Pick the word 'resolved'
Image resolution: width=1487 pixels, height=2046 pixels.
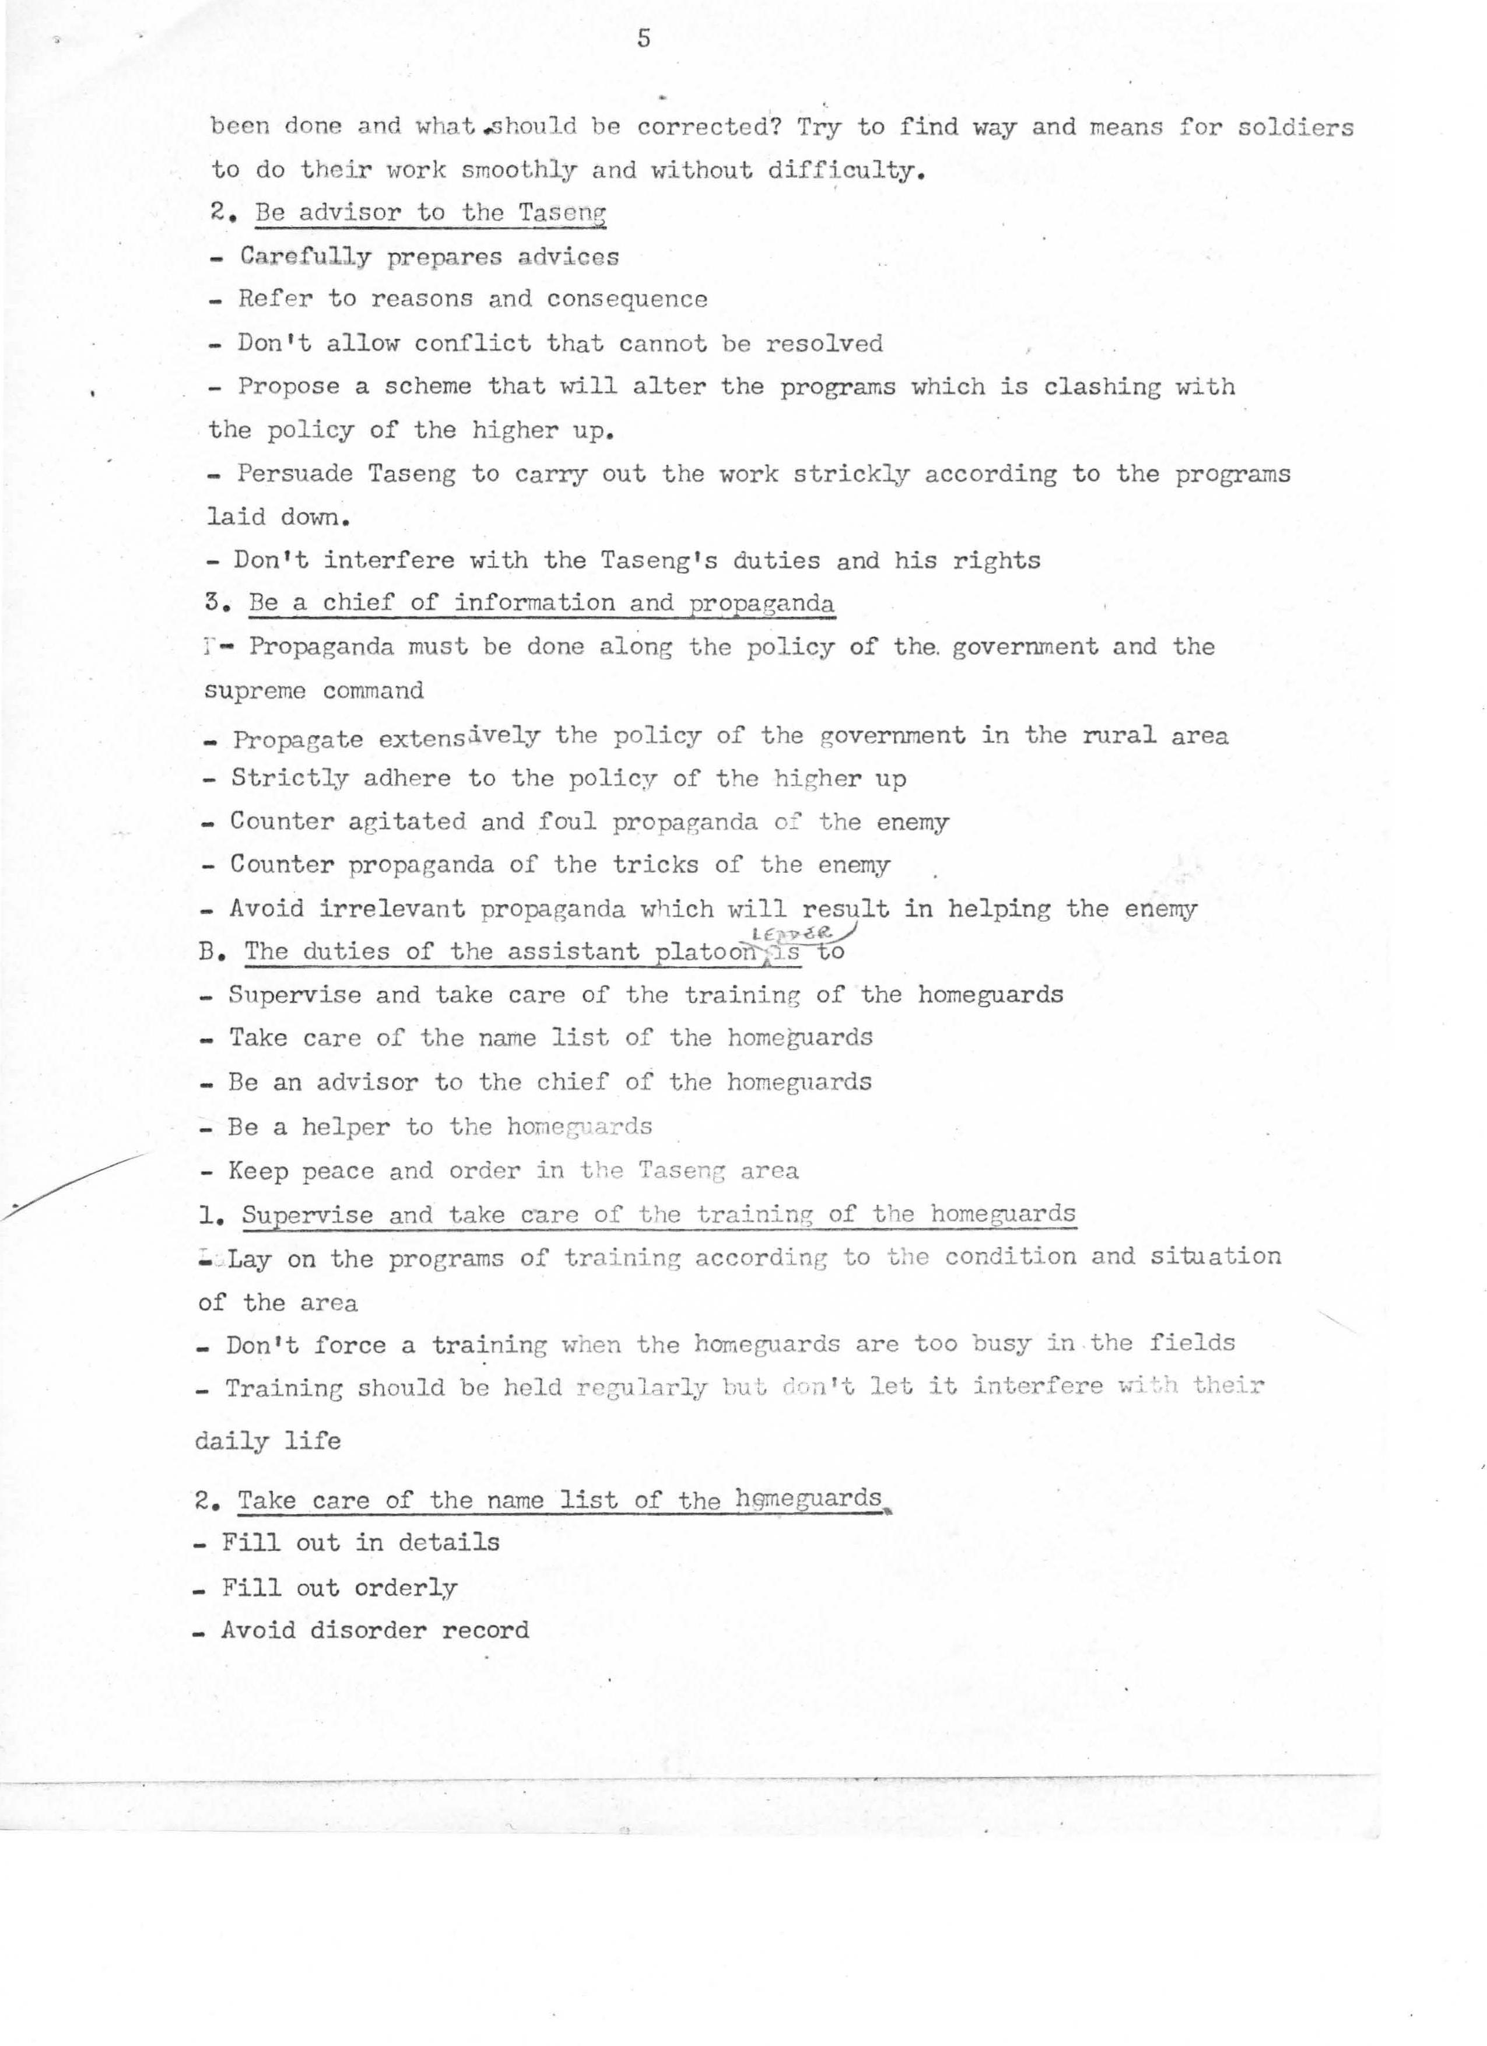[824, 343]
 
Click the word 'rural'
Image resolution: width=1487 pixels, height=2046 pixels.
[1119, 735]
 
